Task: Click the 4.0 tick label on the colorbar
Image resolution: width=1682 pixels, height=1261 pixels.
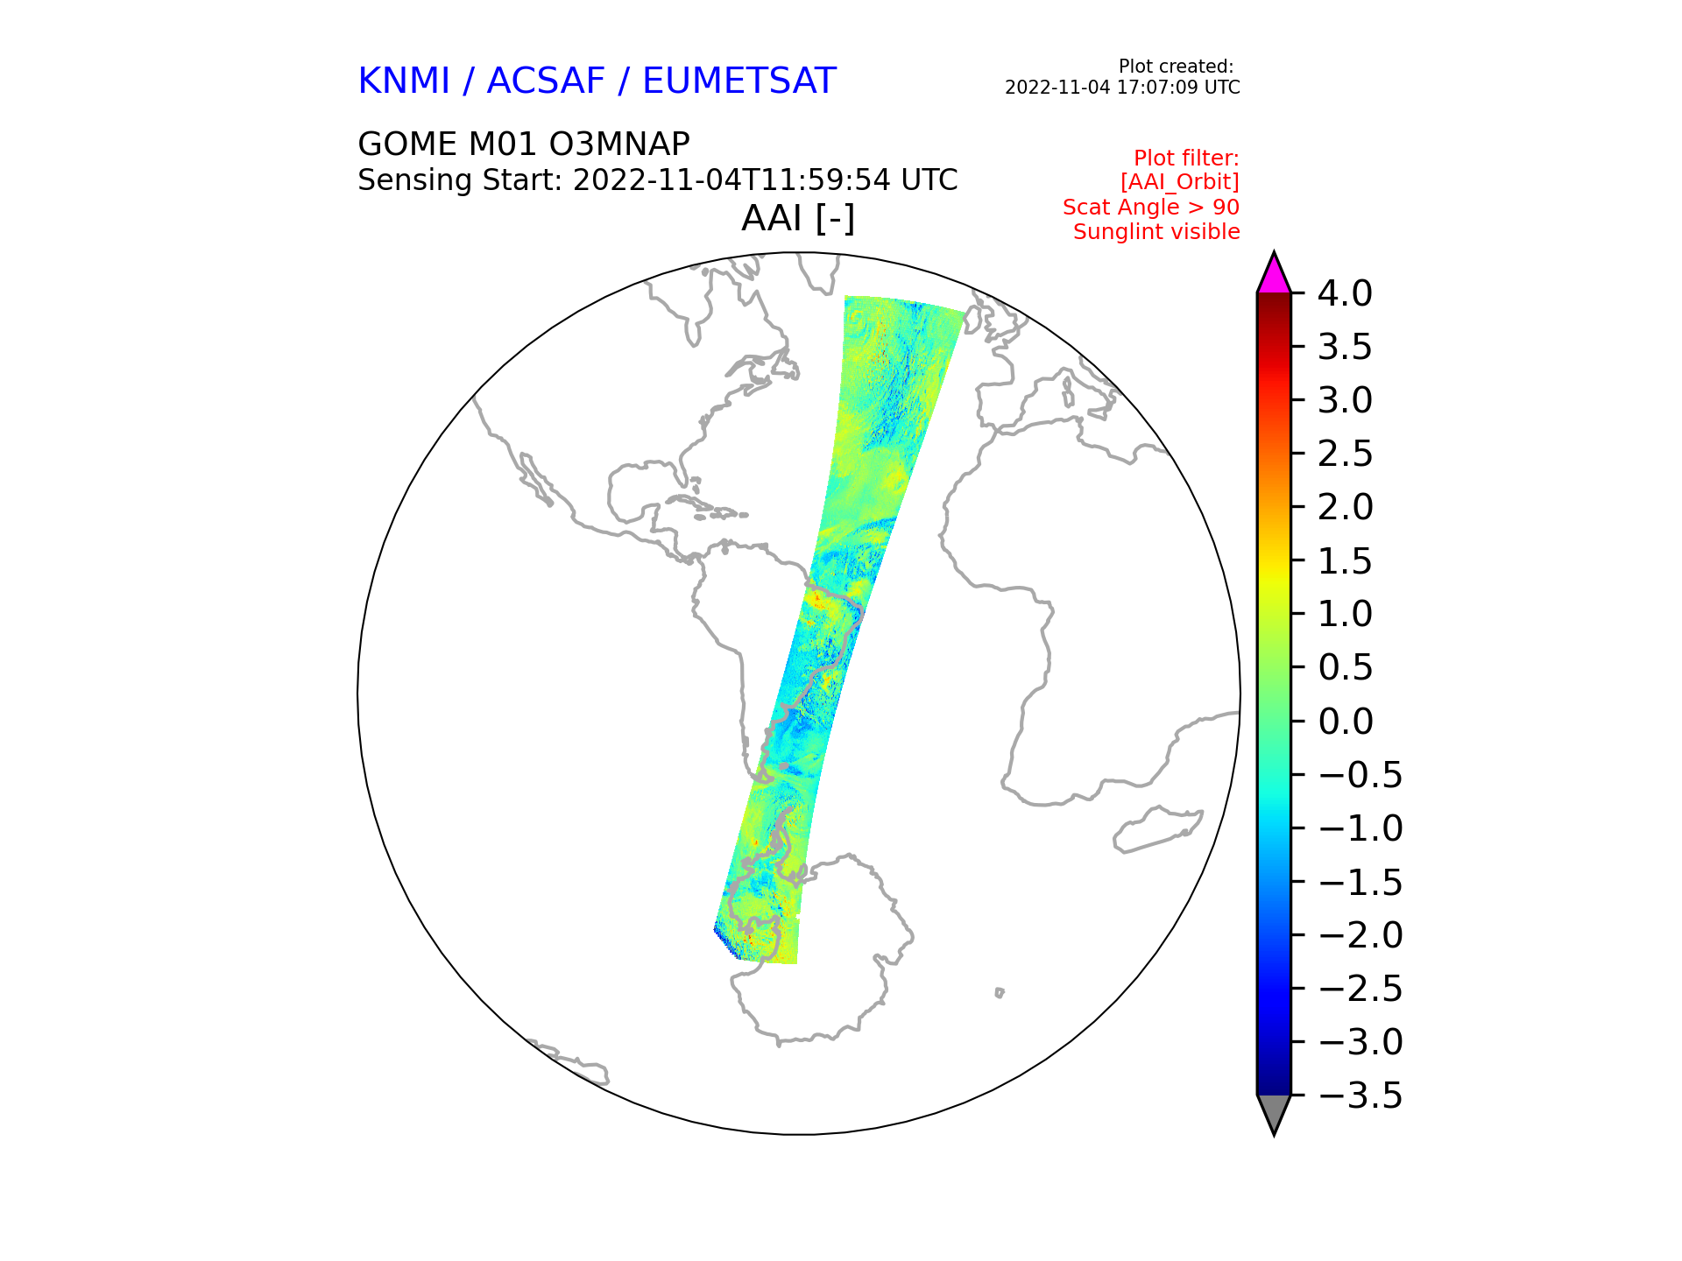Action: pos(1345,293)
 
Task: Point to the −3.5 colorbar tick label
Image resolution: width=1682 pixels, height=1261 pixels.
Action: pos(1360,1095)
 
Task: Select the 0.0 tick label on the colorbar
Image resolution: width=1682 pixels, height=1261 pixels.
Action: pos(1345,722)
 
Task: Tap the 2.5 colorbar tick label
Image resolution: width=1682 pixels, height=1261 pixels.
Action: pos(1345,454)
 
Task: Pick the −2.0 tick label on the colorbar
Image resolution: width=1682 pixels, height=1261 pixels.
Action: pos(1360,935)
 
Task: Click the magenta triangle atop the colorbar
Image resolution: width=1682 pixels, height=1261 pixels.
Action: pos(1274,275)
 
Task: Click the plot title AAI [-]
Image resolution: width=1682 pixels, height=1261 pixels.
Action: pos(798,218)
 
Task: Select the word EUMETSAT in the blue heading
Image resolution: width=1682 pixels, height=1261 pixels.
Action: pos(739,81)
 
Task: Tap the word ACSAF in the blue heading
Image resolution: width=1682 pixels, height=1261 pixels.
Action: pos(546,81)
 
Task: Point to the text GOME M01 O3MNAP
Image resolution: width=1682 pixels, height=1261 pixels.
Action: pos(524,144)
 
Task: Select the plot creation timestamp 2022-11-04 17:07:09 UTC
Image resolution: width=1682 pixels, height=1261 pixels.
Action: pos(1122,88)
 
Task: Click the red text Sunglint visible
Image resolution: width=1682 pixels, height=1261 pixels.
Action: pos(1156,232)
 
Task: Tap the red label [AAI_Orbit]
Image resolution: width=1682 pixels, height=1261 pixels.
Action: pos(1180,182)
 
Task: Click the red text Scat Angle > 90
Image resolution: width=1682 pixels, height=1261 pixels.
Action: pos(1151,208)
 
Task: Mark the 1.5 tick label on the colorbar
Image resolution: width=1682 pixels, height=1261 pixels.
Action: pos(1345,561)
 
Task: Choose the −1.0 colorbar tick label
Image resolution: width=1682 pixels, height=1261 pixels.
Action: pos(1360,828)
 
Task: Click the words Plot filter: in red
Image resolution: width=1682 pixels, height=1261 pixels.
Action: pos(1186,159)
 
